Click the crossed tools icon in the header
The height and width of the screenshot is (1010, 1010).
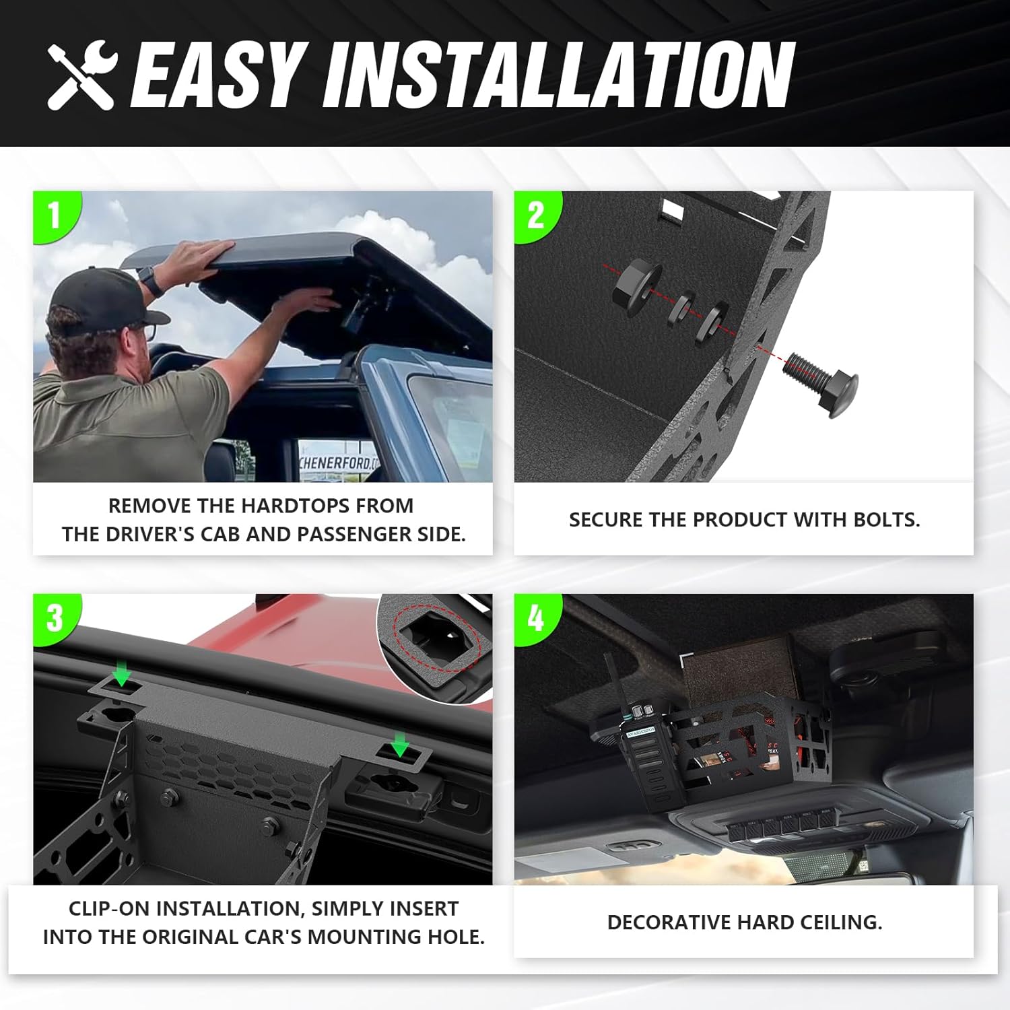point(82,74)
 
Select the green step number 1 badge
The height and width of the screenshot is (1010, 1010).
point(55,215)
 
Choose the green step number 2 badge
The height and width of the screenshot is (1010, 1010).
point(535,215)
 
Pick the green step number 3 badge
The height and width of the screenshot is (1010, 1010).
point(55,617)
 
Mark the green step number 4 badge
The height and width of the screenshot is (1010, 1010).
point(535,617)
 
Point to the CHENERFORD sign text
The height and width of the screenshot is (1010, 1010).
point(339,463)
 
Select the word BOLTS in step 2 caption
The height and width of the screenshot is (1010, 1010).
point(885,520)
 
